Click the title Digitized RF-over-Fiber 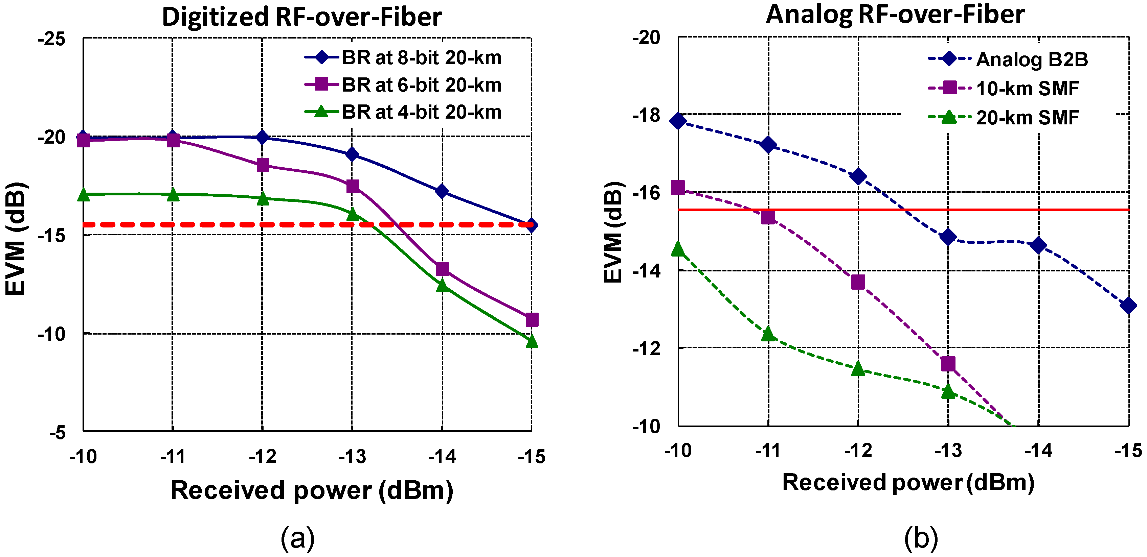(x=301, y=17)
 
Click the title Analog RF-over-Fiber (x=895, y=15)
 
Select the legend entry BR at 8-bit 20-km (x=421, y=58)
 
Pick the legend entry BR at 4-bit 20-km (x=421, y=112)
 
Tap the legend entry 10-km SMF (x=1027, y=89)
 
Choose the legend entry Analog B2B (x=1031, y=59)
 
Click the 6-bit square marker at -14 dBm (x=442, y=269)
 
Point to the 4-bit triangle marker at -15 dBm (x=532, y=342)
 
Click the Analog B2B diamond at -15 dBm (x=1128, y=306)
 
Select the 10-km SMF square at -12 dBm (x=858, y=282)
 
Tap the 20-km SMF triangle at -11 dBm (x=768, y=334)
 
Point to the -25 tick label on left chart (x=52, y=39)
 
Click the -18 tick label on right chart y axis (x=647, y=115)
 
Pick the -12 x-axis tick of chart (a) (x=262, y=457)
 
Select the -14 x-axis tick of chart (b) (x=1038, y=451)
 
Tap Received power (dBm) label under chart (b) (x=908, y=483)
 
